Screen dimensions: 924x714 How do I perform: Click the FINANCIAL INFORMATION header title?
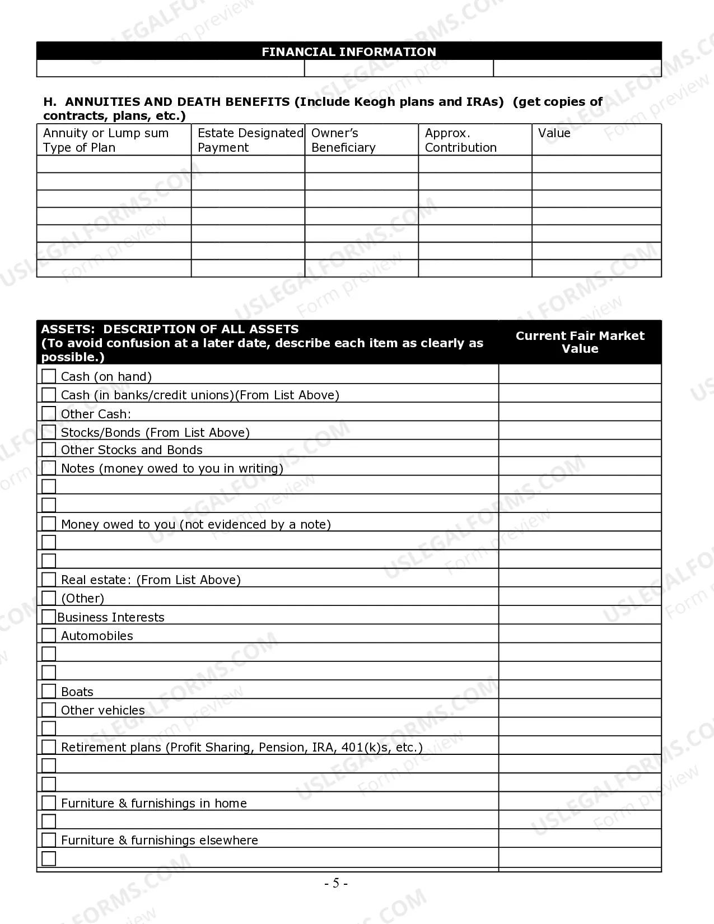pyautogui.click(x=348, y=52)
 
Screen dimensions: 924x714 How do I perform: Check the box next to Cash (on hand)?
pyautogui.click(x=49, y=376)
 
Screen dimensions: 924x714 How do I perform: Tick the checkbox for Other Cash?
pyautogui.click(x=49, y=413)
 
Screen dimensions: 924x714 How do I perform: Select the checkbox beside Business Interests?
pyautogui.click(x=49, y=617)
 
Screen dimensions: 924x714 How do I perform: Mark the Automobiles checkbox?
pyautogui.click(x=49, y=635)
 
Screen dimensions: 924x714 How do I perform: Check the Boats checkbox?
pyautogui.click(x=49, y=691)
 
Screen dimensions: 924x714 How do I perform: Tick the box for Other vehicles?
pyautogui.click(x=49, y=710)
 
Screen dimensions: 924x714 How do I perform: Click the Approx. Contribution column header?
pyautogui.click(x=460, y=140)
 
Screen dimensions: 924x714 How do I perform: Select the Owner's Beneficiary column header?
pyautogui.click(x=343, y=140)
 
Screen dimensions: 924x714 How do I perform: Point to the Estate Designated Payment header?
pyautogui.click(x=250, y=140)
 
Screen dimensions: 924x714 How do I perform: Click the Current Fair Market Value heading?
pyautogui.click(x=580, y=342)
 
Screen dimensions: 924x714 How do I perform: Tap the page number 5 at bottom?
pyautogui.click(x=336, y=883)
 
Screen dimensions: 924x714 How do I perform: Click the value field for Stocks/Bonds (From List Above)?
pyautogui.click(x=580, y=431)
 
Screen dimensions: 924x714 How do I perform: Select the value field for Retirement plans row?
pyautogui.click(x=580, y=746)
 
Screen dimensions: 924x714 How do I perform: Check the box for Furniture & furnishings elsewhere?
pyautogui.click(x=49, y=839)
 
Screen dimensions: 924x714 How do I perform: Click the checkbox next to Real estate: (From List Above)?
pyautogui.click(x=49, y=579)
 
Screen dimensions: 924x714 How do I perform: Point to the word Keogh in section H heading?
pyautogui.click(x=375, y=102)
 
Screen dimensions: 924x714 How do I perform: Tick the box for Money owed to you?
pyautogui.click(x=49, y=524)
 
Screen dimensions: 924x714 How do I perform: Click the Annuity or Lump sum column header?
pyautogui.click(x=106, y=140)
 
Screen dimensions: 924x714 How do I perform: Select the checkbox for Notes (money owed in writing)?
pyautogui.click(x=49, y=468)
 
